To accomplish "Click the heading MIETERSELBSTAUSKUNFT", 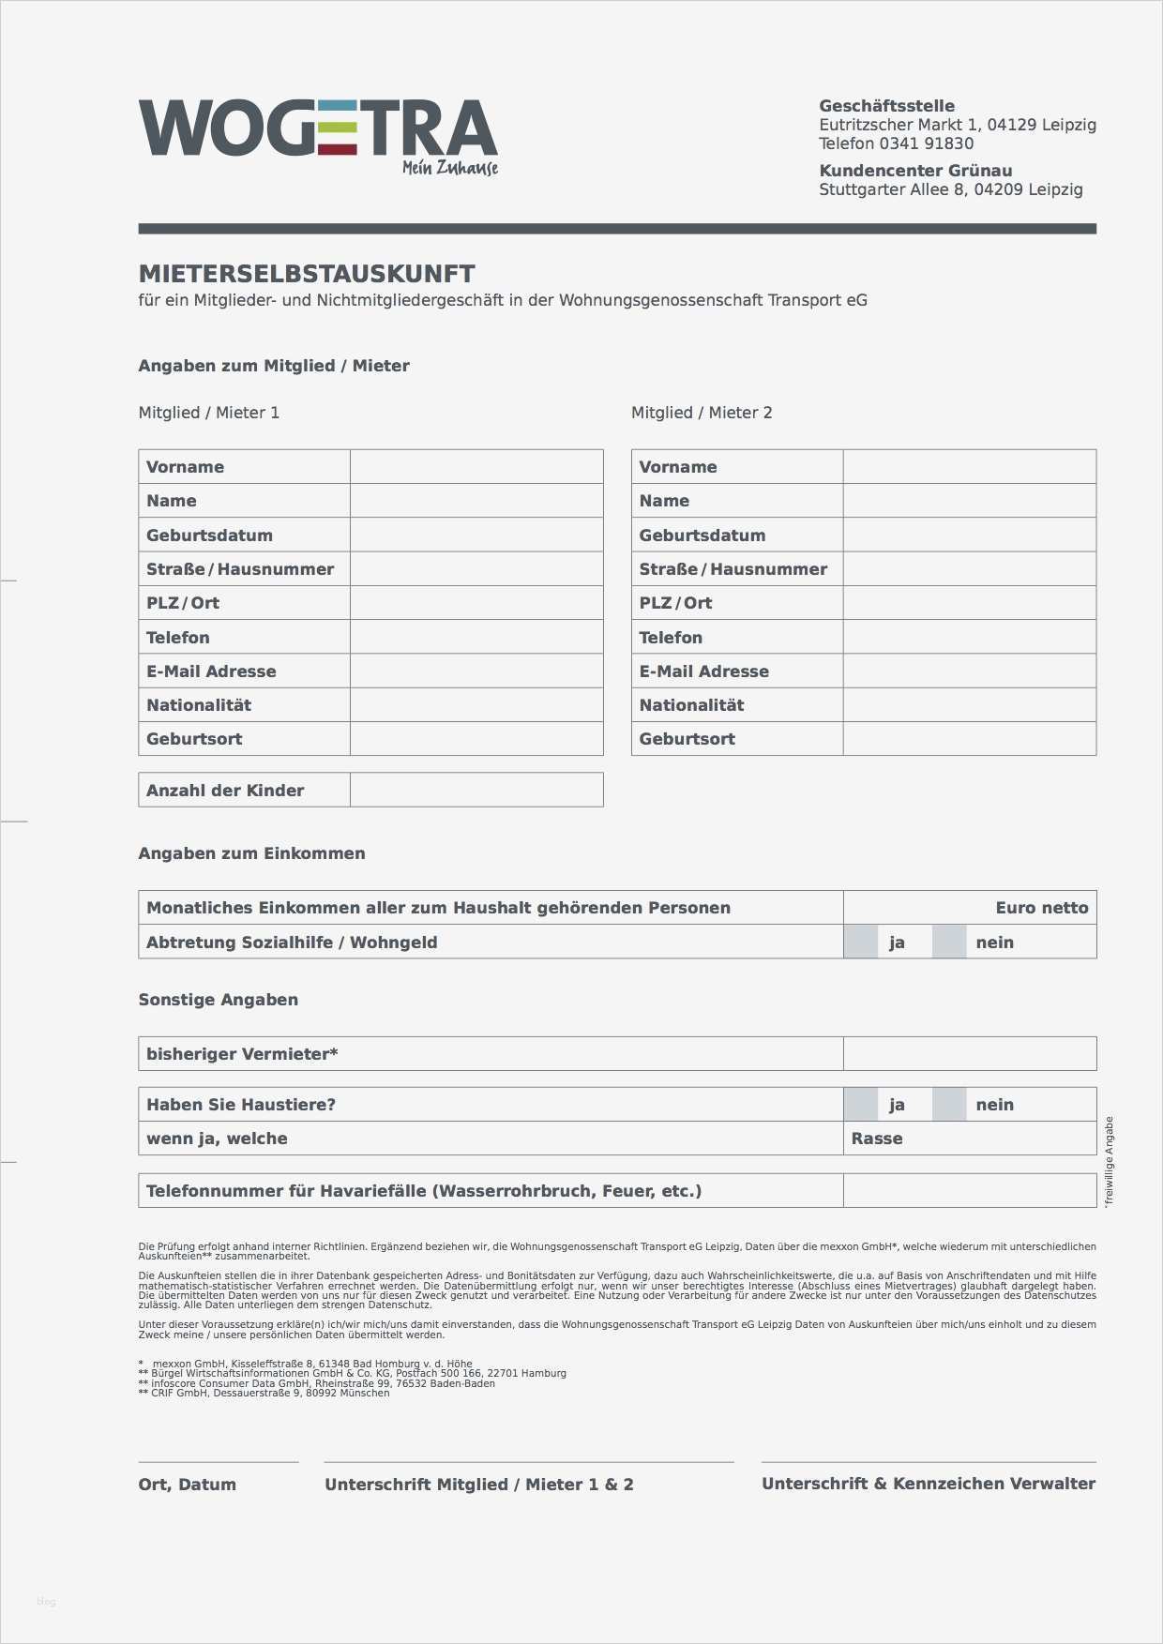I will click(307, 274).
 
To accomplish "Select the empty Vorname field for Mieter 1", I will click(476, 467).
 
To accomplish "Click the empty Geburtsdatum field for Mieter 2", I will click(969, 535).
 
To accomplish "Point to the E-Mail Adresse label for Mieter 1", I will click(211, 671).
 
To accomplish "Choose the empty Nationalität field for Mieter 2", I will click(969, 705).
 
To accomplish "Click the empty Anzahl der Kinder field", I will click(476, 791).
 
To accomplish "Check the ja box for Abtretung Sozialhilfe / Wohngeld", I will click(860, 943).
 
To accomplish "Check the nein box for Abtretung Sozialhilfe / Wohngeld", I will click(949, 943).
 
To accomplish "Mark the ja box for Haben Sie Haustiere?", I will click(860, 1105).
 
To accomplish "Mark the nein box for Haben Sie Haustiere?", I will click(949, 1105).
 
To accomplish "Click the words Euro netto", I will click(1041, 908).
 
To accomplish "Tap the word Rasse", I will click(877, 1139).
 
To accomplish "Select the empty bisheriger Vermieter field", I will click(969, 1054).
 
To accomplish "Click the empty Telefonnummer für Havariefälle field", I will click(969, 1191).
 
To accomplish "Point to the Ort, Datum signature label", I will click(188, 1485).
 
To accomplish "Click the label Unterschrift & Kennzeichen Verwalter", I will click(929, 1484).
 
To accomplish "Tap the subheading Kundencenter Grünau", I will click(915, 171).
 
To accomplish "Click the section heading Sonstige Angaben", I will click(219, 1000).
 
